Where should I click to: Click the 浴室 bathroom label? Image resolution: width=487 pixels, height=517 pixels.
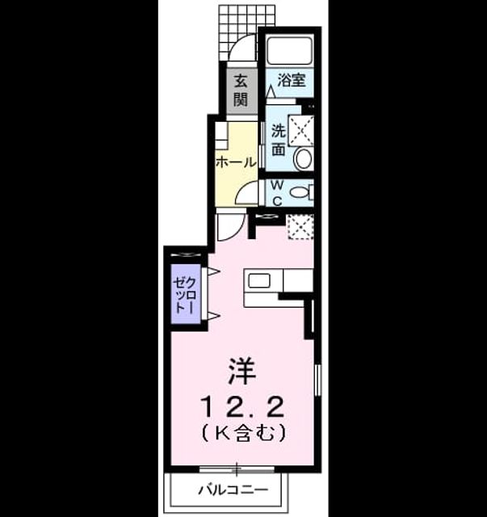point(292,80)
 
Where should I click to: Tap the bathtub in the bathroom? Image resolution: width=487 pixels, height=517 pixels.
point(289,51)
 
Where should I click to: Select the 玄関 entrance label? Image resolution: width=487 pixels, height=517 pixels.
point(241,90)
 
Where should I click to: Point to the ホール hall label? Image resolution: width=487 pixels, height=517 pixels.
point(236,162)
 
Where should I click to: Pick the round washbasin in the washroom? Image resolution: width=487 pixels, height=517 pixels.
point(304,159)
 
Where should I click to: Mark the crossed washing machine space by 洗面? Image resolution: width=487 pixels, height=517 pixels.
point(301,130)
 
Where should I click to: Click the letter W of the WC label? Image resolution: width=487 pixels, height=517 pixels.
point(277,185)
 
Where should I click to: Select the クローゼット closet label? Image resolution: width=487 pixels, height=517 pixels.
point(185,295)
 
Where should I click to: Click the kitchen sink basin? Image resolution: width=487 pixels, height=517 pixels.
point(259,281)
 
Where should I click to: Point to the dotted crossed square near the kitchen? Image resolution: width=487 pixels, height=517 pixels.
point(300,227)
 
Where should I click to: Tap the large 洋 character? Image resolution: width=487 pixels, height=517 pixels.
point(241,372)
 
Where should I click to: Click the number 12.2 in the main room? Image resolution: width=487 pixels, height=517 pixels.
point(242,407)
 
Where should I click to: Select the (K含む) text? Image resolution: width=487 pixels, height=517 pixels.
point(243,433)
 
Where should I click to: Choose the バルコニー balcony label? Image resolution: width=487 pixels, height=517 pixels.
point(233,490)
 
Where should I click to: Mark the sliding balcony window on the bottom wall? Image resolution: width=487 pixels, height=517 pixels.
point(237,469)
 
